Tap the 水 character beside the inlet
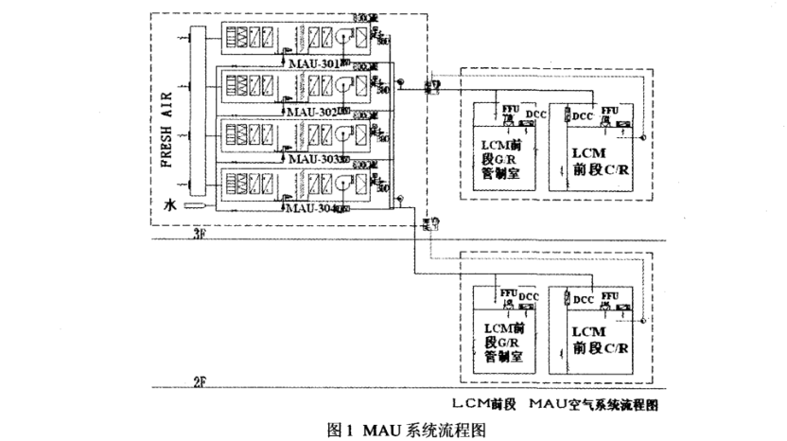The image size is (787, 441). pyautogui.click(x=170, y=204)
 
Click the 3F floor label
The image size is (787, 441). pyautogui.click(x=198, y=232)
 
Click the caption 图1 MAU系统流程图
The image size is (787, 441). pyautogui.click(x=393, y=429)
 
